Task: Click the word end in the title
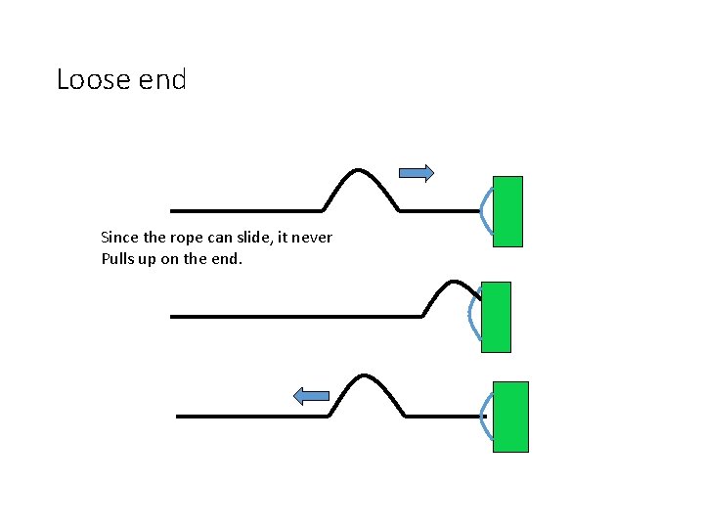click(x=162, y=79)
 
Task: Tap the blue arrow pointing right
click(x=417, y=173)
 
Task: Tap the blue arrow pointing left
click(x=312, y=395)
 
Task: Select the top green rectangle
click(x=507, y=211)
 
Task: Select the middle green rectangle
click(x=497, y=317)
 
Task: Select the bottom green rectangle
click(x=510, y=417)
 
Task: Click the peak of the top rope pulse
click(x=361, y=171)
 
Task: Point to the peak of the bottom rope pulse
click(x=366, y=376)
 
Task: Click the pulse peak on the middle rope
click(x=453, y=283)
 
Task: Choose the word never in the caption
click(x=312, y=238)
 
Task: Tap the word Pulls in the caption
click(x=117, y=259)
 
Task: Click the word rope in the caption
click(x=183, y=238)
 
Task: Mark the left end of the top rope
click(x=172, y=210)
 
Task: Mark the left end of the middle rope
click(x=172, y=316)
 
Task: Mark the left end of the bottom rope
click(x=178, y=416)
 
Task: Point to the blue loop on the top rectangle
click(x=485, y=210)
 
